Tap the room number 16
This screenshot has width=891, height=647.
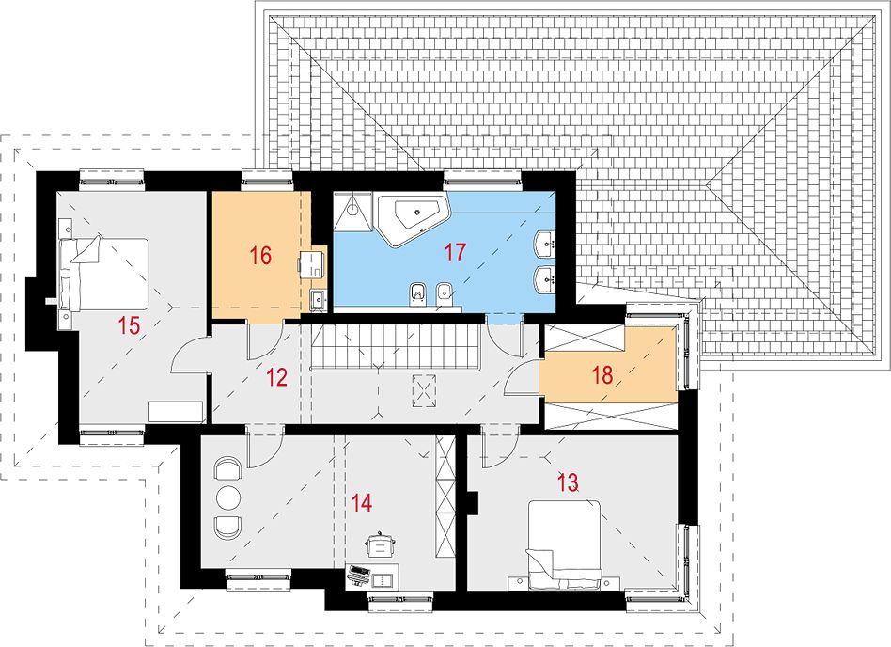click(260, 256)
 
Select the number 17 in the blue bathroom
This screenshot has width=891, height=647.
click(455, 252)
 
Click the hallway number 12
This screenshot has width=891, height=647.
click(276, 377)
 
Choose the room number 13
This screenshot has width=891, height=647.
click(567, 482)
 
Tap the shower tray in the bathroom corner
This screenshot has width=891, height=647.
click(352, 212)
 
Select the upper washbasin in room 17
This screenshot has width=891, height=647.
click(546, 243)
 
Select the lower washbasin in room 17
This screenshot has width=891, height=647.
click(546, 277)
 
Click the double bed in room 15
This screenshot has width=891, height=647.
click(103, 275)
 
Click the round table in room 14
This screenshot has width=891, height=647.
click(228, 497)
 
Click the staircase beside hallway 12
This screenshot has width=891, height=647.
click(398, 347)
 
